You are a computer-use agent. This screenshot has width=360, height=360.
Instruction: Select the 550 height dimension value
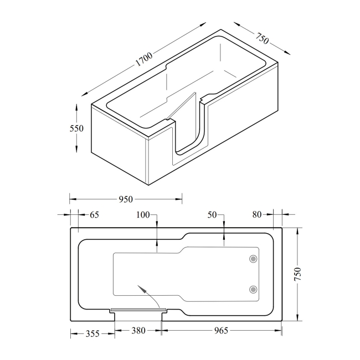coord(76,128)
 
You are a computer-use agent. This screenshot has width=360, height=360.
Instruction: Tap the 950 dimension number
coord(126,197)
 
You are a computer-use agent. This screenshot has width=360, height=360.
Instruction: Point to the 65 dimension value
coord(94,214)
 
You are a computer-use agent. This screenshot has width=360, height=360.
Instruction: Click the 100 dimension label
coord(143,214)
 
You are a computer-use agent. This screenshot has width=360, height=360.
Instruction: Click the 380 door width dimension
coord(138,331)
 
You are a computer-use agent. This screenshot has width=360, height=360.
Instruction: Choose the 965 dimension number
coord(220,331)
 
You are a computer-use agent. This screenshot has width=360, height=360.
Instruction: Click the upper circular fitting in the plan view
coord(253,259)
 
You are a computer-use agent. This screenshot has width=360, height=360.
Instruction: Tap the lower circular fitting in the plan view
coord(253,289)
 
